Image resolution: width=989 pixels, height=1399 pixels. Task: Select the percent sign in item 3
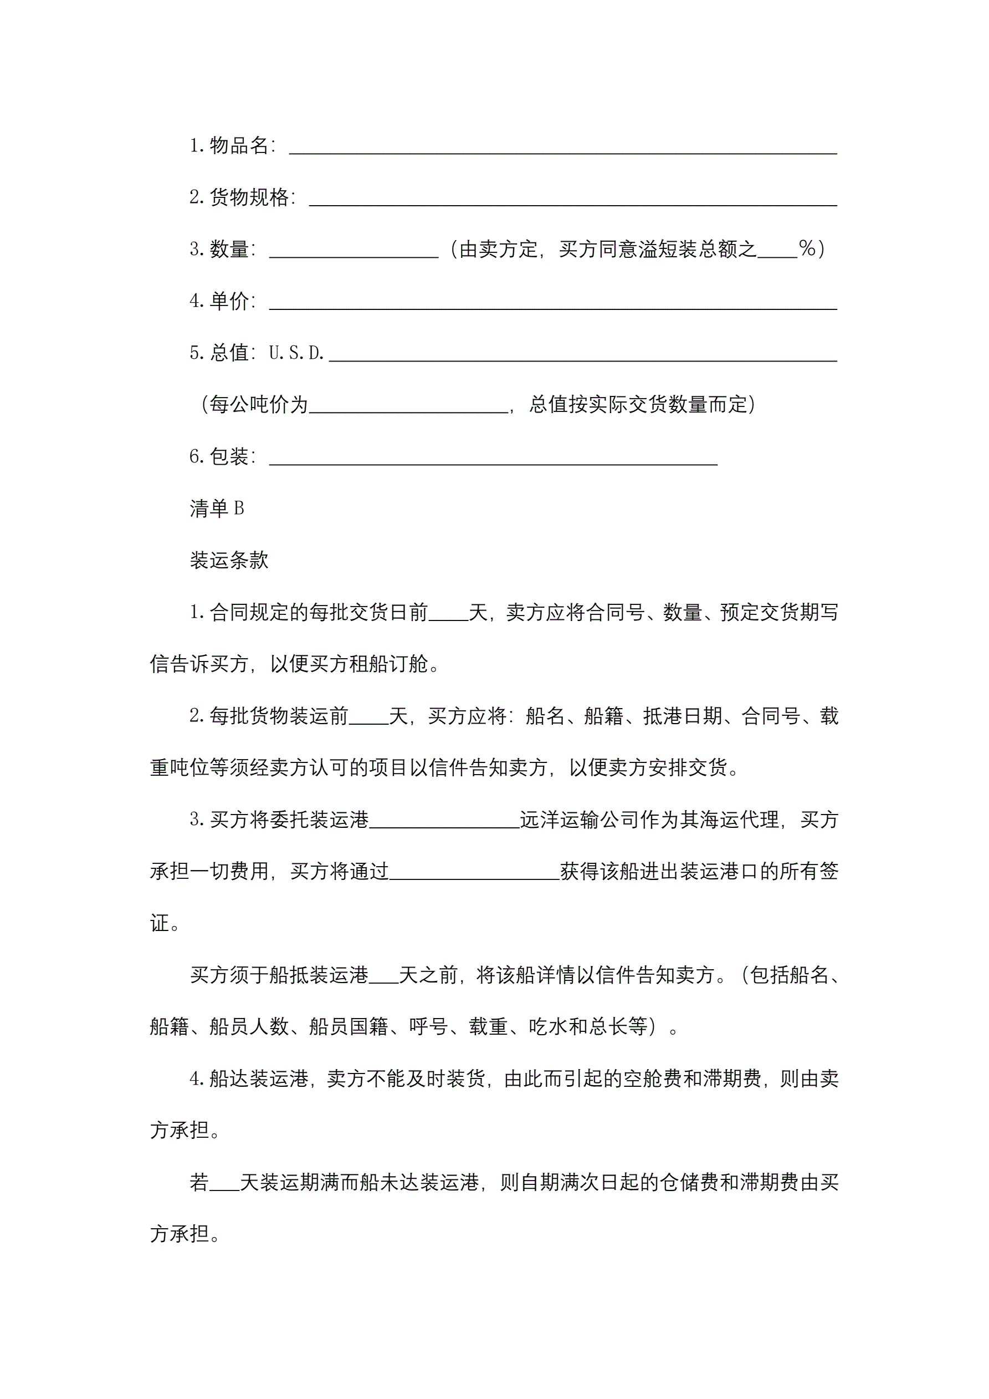[x=807, y=248]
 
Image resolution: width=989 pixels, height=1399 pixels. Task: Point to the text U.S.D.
[x=296, y=353]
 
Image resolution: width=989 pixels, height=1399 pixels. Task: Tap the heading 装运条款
[x=229, y=560]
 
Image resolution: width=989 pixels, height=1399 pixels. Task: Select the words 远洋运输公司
[x=579, y=820]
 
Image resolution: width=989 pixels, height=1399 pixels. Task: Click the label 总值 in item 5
[x=229, y=353]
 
